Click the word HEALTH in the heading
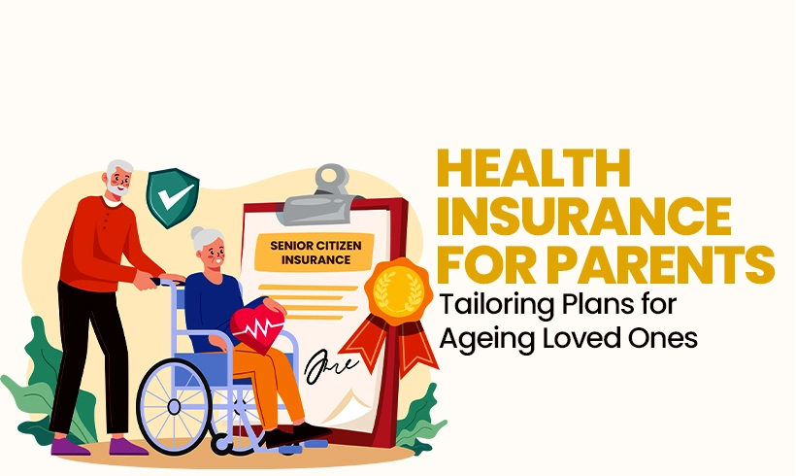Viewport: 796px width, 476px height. coord(534,168)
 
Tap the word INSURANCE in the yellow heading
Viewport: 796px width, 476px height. coord(583,217)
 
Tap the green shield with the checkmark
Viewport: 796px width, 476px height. coord(173,197)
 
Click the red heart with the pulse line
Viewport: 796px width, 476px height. coord(257,327)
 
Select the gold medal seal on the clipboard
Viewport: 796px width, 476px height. coord(399,290)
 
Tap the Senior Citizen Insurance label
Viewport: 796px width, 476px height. coord(315,253)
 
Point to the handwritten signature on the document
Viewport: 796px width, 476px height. coord(330,365)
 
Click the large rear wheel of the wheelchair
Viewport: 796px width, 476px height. coord(174,406)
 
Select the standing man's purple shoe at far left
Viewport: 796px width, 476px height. coord(70,446)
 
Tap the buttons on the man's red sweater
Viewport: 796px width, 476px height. coord(106,221)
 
